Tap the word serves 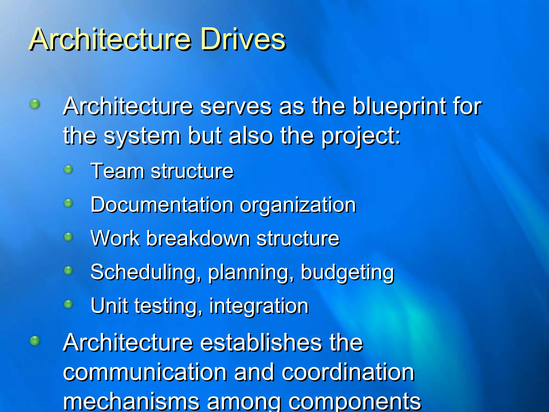pos(236,107)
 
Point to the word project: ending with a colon pos(361,136)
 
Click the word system pos(142,136)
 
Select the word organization pos(298,205)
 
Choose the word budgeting pos(347,272)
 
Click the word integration pos(259,306)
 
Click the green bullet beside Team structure pos(69,170)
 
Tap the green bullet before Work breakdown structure pos(69,237)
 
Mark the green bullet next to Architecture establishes pos(35,341)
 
